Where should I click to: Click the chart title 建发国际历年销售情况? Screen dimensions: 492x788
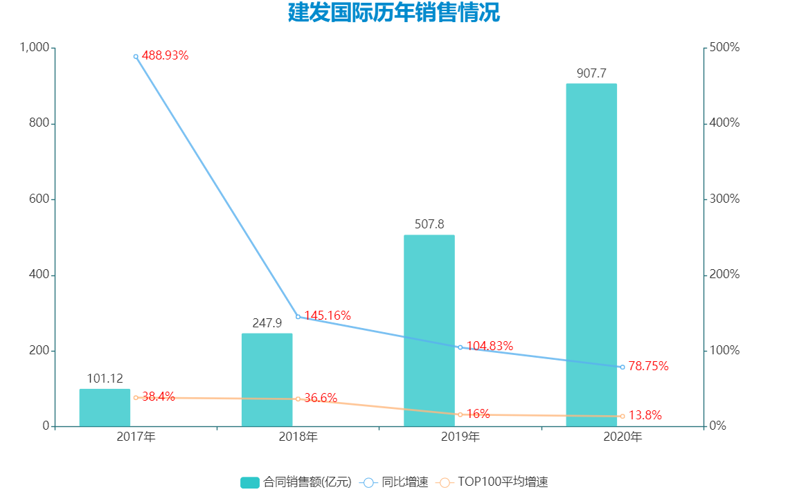point(393,13)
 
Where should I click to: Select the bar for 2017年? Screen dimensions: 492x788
point(105,408)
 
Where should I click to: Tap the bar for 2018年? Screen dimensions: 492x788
point(267,380)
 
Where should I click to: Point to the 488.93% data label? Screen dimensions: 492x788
point(165,56)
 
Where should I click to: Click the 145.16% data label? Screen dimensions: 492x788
point(327,316)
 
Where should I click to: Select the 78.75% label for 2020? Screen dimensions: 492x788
point(648,366)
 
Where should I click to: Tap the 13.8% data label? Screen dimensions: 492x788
point(645,416)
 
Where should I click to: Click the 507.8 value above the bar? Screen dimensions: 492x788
point(429,224)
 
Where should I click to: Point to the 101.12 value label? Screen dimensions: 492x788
point(105,379)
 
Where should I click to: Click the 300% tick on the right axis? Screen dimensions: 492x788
point(725,199)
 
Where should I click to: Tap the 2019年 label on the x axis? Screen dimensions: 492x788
point(460,437)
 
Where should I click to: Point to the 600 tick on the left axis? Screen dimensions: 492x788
point(39,199)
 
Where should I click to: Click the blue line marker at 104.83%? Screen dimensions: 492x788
point(460,347)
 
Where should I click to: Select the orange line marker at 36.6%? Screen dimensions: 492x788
point(298,399)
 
